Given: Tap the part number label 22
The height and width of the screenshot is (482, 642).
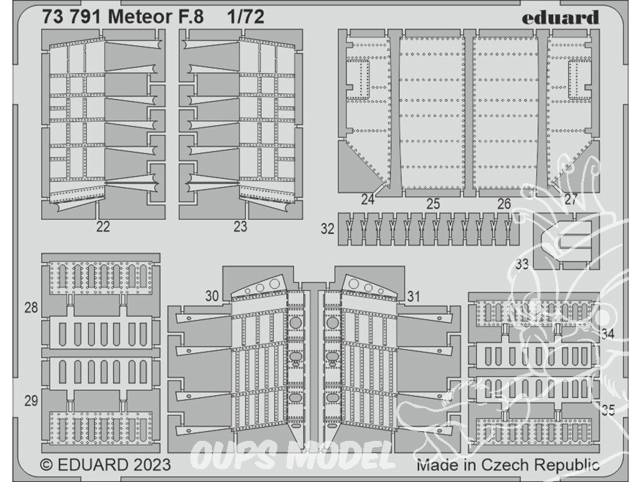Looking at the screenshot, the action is click(x=103, y=226).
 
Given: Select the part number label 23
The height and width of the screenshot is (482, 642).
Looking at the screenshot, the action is click(x=240, y=226).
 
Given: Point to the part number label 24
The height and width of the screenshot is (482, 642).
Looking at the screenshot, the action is click(x=368, y=200).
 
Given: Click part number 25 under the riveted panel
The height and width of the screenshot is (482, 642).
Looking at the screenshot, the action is click(x=433, y=203).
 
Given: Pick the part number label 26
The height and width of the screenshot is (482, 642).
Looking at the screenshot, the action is click(x=503, y=203).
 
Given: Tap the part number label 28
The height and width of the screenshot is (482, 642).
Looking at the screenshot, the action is click(x=31, y=307).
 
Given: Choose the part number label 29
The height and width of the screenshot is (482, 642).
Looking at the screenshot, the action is click(x=31, y=400).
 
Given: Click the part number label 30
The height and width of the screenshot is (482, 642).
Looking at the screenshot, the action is click(x=212, y=296).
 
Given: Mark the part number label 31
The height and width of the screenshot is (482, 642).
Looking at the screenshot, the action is click(x=413, y=296).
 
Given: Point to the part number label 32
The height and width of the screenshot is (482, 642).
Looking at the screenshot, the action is click(x=327, y=229).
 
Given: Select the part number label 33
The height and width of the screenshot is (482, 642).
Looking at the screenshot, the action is click(x=522, y=264).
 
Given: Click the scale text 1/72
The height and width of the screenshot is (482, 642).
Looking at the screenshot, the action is click(x=246, y=17).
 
